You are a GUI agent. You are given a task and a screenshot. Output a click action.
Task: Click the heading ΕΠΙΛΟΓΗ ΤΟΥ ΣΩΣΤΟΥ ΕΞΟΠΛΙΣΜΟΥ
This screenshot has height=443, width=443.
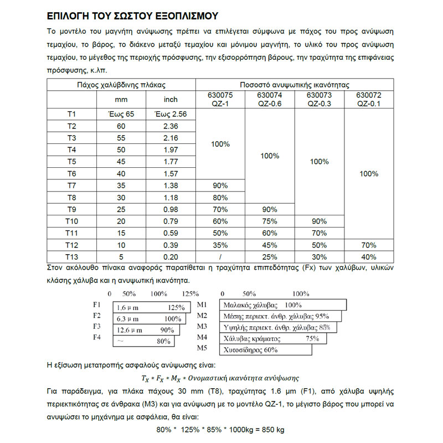click(x=132, y=15)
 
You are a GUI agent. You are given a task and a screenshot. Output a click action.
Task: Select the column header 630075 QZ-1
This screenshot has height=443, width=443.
click(x=220, y=99)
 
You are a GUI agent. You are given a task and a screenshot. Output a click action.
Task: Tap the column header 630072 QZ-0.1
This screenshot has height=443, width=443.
click(x=368, y=99)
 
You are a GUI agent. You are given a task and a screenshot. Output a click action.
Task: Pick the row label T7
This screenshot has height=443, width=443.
click(x=71, y=186)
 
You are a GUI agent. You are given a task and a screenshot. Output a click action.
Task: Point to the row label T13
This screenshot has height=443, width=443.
click(x=71, y=257)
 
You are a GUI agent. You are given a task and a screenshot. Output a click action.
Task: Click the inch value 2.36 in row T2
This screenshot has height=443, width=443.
click(x=171, y=126)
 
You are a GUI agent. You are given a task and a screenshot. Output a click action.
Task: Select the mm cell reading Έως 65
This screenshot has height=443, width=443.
click(x=121, y=115)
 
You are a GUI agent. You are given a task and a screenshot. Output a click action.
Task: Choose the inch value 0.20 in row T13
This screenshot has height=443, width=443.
click(x=171, y=257)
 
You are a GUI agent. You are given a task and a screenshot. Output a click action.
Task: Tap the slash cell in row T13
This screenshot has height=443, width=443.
click(x=220, y=257)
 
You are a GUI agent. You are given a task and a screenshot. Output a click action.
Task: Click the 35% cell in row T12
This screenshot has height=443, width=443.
click(x=220, y=245)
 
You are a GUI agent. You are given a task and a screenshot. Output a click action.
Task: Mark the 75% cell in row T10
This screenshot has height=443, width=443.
click(x=270, y=221)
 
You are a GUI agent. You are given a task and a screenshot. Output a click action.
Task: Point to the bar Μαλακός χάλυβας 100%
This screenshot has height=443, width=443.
click(x=283, y=305)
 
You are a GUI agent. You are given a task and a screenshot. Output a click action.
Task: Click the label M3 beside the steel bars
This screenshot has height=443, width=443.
click(x=202, y=327)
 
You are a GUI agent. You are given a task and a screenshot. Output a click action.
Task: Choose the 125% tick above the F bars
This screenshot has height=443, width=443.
click(x=190, y=293)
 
